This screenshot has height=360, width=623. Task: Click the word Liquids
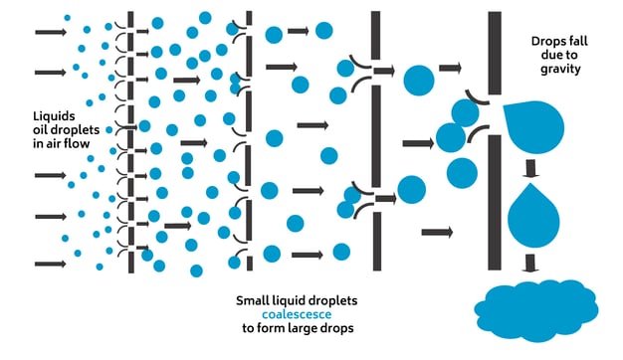51,116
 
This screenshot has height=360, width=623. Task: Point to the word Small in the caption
254,299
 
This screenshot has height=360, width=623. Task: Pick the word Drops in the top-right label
545,42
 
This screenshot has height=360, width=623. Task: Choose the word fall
576,42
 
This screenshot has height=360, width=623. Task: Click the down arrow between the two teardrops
531,172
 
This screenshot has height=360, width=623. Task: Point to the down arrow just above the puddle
531,264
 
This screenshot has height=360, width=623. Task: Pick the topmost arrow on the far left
49,32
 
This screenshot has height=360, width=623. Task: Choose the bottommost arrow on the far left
49,265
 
